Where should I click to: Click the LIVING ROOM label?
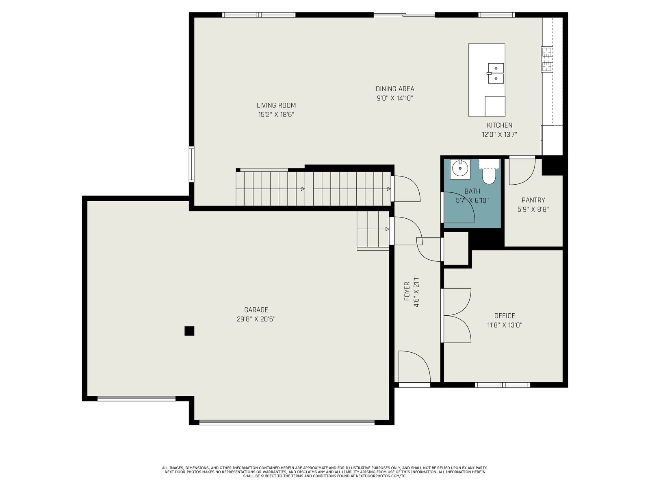[276, 105]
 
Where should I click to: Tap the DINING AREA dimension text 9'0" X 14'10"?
[395, 98]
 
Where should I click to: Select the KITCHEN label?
[499, 125]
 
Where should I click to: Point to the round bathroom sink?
[460, 168]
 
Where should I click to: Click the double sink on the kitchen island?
[495, 73]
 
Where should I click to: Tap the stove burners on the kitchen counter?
[547, 59]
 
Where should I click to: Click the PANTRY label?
[533, 200]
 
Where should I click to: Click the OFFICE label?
[504, 316]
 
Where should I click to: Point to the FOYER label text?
[407, 291]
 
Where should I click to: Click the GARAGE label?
[256, 310]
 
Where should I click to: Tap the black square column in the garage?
[189, 331]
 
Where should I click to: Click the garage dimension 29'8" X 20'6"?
[256, 319]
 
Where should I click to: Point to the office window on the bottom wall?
[502, 385]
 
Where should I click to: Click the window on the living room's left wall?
[191, 164]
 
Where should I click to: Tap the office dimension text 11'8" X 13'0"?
[505, 325]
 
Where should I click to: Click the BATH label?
[472, 191]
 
